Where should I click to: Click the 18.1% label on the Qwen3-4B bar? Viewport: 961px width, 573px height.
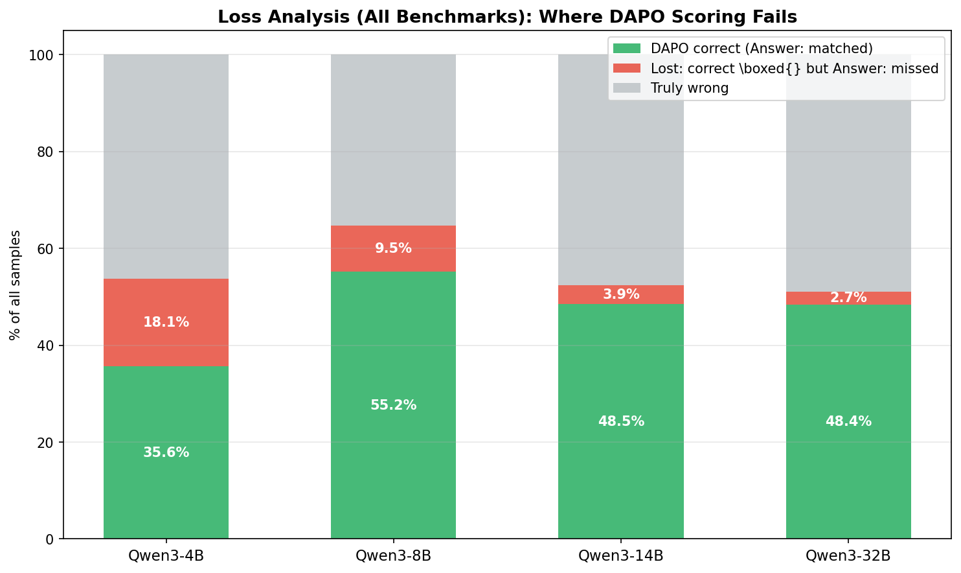coord(166,322)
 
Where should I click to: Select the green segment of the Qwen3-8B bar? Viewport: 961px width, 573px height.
coord(393,454)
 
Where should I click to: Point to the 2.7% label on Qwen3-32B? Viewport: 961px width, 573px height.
coord(848,298)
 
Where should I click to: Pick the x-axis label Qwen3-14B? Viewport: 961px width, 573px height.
coord(620,555)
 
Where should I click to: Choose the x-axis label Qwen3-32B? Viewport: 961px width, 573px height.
coord(848,555)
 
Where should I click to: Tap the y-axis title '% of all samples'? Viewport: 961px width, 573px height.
coord(15,285)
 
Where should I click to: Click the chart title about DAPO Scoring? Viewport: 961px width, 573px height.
coord(507,17)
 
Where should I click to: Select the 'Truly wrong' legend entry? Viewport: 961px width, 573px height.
coord(690,88)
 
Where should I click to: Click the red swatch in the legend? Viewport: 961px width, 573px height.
coord(627,68)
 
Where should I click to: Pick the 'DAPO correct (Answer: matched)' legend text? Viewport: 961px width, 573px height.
coord(762,49)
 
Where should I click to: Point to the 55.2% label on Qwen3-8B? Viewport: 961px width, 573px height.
coord(393,405)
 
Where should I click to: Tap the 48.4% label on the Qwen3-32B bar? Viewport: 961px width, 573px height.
coord(848,421)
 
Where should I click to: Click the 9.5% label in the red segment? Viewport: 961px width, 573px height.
coord(393,248)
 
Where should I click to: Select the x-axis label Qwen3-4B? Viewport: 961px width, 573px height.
coord(166,555)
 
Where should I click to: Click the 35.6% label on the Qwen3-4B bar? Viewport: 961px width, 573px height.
coord(166,452)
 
